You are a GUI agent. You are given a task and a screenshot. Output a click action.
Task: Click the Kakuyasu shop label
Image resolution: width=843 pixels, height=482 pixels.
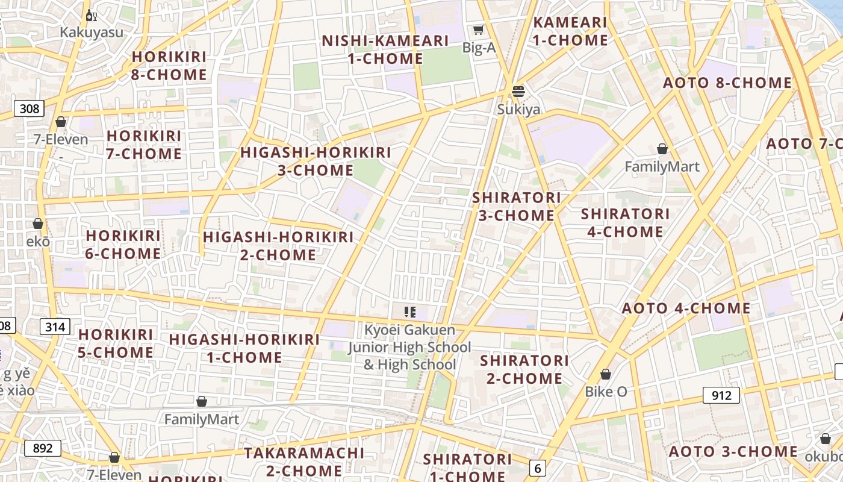click(x=91, y=32)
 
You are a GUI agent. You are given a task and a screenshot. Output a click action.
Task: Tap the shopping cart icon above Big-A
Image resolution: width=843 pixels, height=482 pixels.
click(x=479, y=30)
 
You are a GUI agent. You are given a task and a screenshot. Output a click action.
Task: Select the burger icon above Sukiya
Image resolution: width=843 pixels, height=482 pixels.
click(x=518, y=92)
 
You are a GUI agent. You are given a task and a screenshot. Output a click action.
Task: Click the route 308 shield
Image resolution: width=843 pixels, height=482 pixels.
click(x=29, y=108)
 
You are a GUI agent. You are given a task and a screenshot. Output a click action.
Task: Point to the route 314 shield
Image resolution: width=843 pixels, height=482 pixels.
click(x=55, y=327)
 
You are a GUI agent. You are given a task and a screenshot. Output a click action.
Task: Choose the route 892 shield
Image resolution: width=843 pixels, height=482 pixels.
click(x=43, y=448)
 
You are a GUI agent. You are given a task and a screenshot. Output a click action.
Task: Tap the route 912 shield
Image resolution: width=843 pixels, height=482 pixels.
click(x=721, y=395)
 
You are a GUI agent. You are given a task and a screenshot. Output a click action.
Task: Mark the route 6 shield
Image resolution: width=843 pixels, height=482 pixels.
click(x=538, y=468)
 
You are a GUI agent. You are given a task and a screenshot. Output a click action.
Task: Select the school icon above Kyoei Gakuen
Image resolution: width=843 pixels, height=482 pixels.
click(x=410, y=311)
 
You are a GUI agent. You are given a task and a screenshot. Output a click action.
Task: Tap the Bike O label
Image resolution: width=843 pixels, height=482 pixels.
click(x=606, y=392)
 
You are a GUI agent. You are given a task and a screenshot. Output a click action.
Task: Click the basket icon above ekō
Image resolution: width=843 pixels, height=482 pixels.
click(x=38, y=224)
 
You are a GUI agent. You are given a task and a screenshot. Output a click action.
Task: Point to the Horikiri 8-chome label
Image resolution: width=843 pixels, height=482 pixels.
click(x=169, y=66)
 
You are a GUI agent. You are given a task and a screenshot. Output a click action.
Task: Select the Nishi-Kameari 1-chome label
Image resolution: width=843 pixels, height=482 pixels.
click(x=385, y=49)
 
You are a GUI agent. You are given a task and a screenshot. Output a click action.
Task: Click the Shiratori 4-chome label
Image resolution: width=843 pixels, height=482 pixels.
click(x=625, y=222)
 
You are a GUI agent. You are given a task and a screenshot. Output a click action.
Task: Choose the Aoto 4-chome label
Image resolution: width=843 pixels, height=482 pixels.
click(x=686, y=308)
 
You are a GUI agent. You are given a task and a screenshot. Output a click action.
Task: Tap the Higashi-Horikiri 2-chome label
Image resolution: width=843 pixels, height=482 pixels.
click(x=278, y=246)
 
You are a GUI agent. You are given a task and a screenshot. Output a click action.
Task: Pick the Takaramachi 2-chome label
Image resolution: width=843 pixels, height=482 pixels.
click(x=304, y=461)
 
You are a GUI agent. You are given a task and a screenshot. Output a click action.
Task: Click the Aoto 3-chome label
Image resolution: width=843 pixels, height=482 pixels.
click(x=733, y=451)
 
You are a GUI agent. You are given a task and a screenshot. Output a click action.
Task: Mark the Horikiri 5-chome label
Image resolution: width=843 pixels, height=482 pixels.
click(x=116, y=343)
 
